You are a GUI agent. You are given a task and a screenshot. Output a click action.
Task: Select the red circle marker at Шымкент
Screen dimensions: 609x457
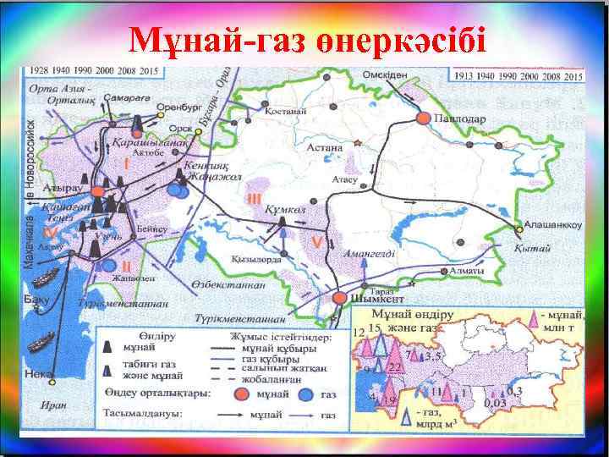(x=341, y=298)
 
